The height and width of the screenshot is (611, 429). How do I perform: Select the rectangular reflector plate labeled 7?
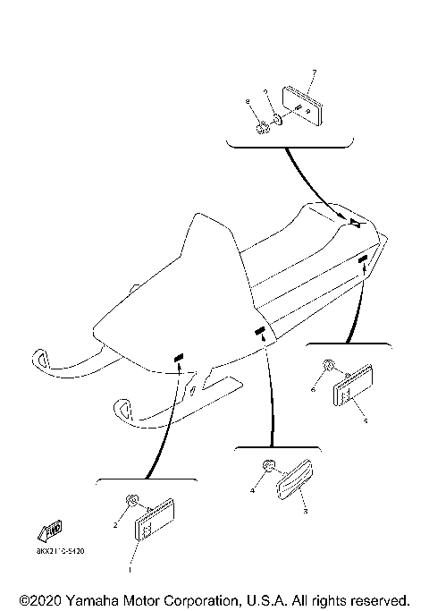tap(302, 104)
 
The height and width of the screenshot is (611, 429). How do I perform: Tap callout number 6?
tap(313, 389)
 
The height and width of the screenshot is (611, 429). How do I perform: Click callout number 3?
tap(305, 512)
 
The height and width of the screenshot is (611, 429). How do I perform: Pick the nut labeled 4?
tap(267, 467)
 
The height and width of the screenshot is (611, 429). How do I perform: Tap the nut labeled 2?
tap(132, 500)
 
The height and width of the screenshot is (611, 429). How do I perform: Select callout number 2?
tap(114, 526)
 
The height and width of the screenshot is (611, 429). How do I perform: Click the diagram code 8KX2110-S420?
tap(60, 552)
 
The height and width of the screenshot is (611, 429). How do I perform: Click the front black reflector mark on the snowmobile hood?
tap(178, 357)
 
